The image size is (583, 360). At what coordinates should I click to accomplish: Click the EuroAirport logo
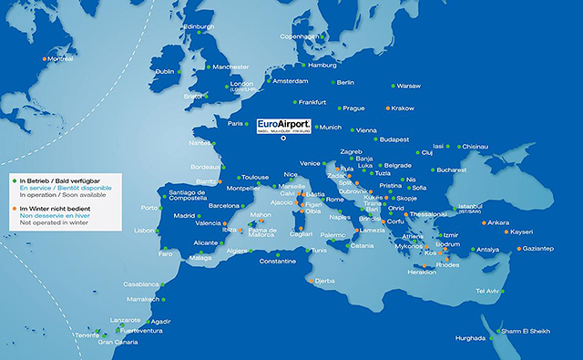[x=284, y=125]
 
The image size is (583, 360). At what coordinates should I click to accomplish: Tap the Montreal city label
[x=60, y=60]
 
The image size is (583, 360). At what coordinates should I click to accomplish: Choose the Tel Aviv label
[x=488, y=291]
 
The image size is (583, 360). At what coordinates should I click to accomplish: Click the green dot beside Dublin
[x=179, y=71]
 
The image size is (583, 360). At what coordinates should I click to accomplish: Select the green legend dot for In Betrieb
[x=14, y=180]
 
